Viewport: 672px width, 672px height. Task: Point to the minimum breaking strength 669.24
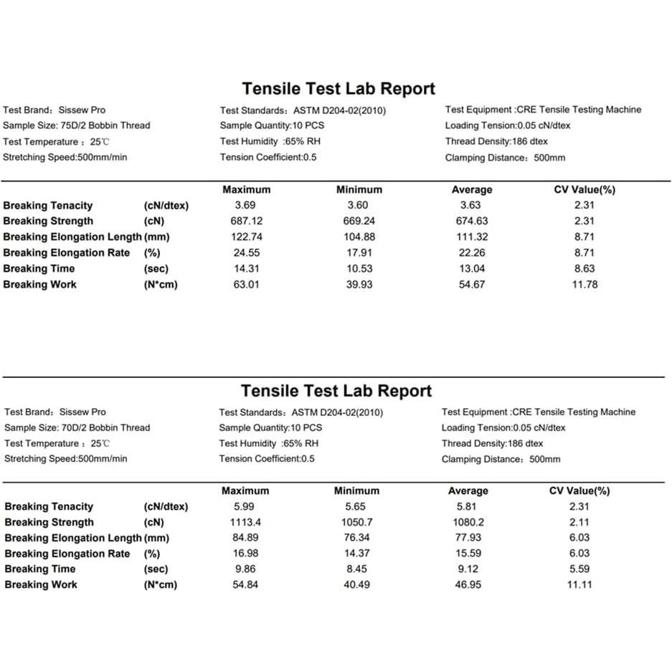359,221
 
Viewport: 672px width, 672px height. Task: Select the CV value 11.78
585,284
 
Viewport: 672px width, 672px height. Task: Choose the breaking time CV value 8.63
585,268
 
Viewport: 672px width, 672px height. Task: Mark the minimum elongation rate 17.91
359,252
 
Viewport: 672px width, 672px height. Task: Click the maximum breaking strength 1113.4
245,522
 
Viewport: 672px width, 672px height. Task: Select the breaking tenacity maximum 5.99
245,506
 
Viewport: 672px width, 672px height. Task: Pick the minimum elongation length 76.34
356,538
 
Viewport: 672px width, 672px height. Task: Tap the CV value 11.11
579,585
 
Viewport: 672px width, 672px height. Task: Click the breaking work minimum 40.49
356,585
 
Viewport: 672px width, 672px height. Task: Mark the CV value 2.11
579,522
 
